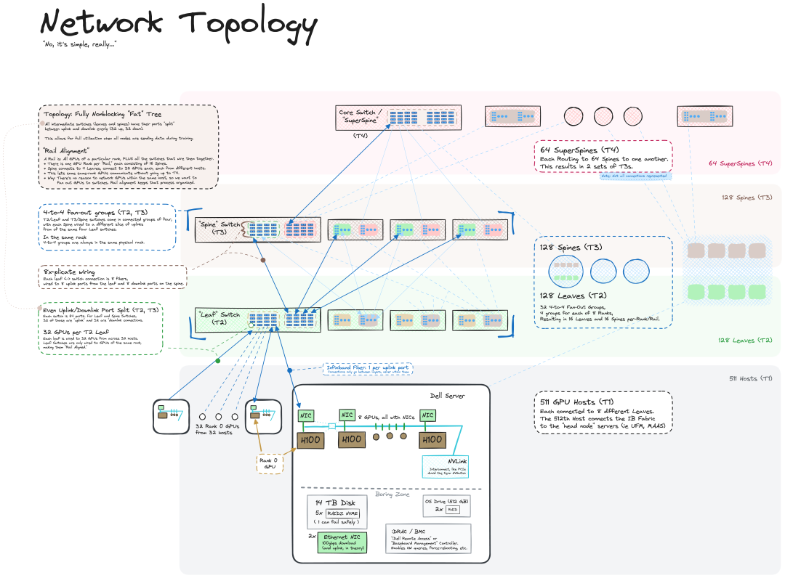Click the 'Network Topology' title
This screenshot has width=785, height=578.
[179, 23]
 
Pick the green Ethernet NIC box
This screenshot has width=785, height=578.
[342, 542]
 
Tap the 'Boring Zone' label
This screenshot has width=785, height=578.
[392, 494]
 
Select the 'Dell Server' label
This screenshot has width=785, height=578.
[447, 396]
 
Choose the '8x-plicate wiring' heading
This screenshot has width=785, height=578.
[70, 272]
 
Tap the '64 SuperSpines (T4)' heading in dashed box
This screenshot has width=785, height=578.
[579, 150]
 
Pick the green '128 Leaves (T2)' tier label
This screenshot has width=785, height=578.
[745, 341]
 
